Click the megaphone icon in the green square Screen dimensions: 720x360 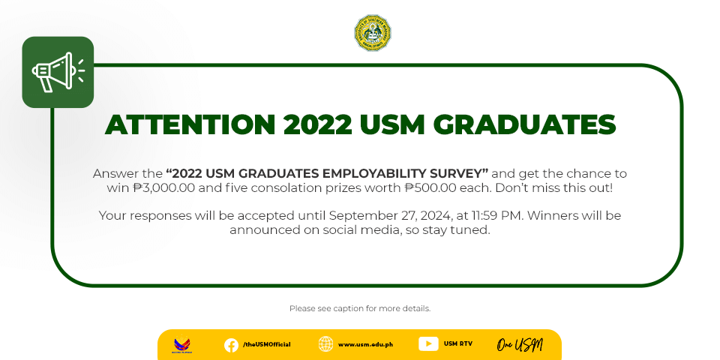pos(58,72)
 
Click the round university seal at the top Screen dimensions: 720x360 pos(373,32)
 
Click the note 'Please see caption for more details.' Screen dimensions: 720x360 pos(360,308)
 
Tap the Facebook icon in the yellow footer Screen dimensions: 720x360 pos(231,345)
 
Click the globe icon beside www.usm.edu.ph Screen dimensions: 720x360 pos(326,344)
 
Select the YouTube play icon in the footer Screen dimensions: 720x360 pos(428,344)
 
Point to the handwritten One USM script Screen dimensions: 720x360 pos(520,345)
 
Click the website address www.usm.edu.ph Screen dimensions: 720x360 pos(365,344)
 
